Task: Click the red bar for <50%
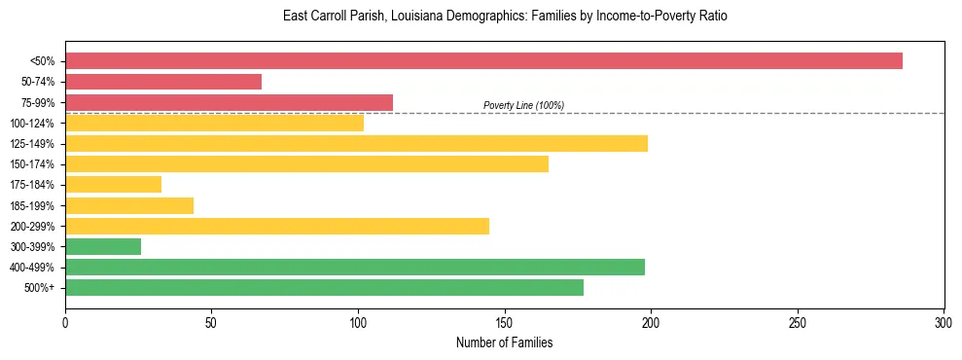pos(483,61)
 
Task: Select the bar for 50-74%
pos(163,82)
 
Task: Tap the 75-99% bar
pos(229,102)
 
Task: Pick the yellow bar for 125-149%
pos(356,144)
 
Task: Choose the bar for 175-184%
pos(113,185)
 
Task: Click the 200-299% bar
pos(277,226)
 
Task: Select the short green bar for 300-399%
pos(103,247)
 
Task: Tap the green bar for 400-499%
pos(355,268)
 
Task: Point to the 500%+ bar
pos(324,288)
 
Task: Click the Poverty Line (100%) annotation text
pos(523,105)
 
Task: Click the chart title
pos(505,17)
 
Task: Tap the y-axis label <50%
pos(43,61)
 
